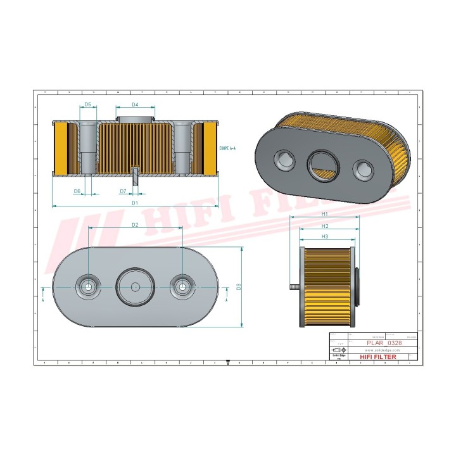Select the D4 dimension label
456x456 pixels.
135,104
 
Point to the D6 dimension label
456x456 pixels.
77,191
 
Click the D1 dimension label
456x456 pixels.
135,203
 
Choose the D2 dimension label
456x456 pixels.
135,225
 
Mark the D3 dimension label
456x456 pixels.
239,287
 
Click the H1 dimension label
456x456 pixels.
324,214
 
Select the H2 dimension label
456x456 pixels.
324,225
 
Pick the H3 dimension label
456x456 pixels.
324,236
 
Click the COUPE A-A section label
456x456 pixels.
226,148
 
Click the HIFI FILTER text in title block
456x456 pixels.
378,357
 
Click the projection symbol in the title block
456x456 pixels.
338,350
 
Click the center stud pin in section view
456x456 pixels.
135,177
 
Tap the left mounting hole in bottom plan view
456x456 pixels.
87,286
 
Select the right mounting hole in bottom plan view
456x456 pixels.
183,286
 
